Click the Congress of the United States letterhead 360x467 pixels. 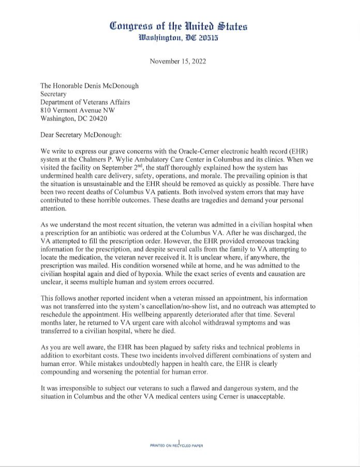click(179, 26)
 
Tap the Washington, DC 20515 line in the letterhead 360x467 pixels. click(179, 38)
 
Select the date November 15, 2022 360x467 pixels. click(178, 62)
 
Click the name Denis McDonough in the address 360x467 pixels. click(110, 86)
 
